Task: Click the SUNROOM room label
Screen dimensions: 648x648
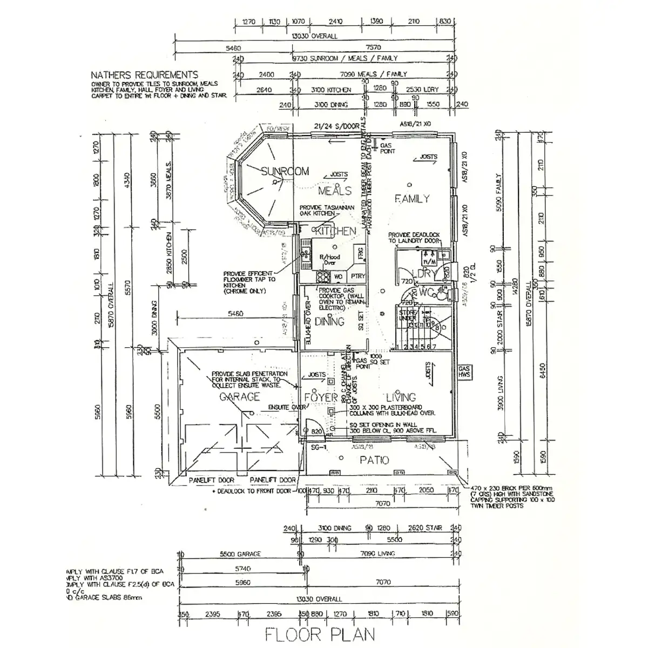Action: point(285,172)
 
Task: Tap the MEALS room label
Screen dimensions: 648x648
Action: point(334,191)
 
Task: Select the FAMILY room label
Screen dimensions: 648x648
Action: point(411,199)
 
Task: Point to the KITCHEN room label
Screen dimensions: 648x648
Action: point(335,231)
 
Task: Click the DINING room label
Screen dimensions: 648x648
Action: point(329,322)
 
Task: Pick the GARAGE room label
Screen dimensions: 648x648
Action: point(239,397)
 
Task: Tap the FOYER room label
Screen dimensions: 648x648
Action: point(321,397)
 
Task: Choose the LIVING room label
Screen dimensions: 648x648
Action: point(401,397)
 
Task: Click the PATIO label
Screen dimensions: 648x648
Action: point(375,460)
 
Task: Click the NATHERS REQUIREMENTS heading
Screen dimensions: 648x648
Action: point(144,75)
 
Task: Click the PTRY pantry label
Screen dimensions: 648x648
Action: point(357,276)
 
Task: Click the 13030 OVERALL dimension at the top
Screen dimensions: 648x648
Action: point(314,36)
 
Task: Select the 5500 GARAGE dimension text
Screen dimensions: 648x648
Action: point(240,554)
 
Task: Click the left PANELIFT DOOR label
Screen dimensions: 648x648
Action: point(211,480)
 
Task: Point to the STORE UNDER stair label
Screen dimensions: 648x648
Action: point(407,315)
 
